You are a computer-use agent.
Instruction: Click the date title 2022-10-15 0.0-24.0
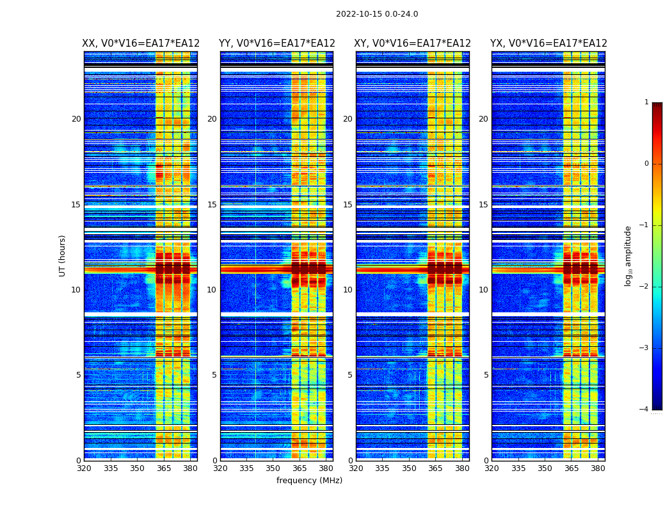coord(377,14)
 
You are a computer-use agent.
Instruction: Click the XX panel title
coord(141,44)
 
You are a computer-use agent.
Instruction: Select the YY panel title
coord(276,44)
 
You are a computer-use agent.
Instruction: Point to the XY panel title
coord(412,44)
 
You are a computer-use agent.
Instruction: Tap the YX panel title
coord(548,44)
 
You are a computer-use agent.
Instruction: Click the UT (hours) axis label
coord(63,255)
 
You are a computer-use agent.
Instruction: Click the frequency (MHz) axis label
coord(309,481)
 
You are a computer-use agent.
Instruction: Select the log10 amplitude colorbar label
coord(628,255)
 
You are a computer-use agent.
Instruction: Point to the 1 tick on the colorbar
coord(646,102)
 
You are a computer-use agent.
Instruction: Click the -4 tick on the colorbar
coord(644,410)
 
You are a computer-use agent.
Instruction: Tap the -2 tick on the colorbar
coord(644,287)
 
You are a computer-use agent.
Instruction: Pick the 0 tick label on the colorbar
coord(646,164)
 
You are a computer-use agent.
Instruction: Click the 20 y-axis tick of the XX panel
coord(76,119)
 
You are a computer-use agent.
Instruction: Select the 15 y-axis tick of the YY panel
coord(212,204)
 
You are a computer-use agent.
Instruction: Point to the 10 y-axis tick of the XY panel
coord(348,290)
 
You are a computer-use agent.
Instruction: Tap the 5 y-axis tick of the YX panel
coord(486,375)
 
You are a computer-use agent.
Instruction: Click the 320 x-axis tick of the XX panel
coord(84,468)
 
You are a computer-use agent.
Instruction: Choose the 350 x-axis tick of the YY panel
coord(273,468)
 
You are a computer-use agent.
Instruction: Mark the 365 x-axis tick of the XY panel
coord(435,468)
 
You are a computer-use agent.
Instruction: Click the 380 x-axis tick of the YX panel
coord(598,468)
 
